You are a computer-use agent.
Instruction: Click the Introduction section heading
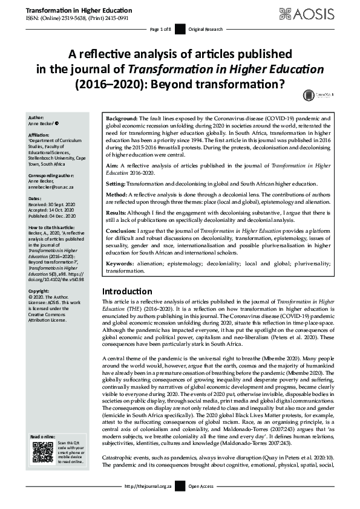click(127, 291)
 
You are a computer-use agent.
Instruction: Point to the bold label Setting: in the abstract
click(119, 183)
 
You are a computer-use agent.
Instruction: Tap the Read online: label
click(42, 436)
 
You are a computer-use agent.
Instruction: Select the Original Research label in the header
click(205, 29)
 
